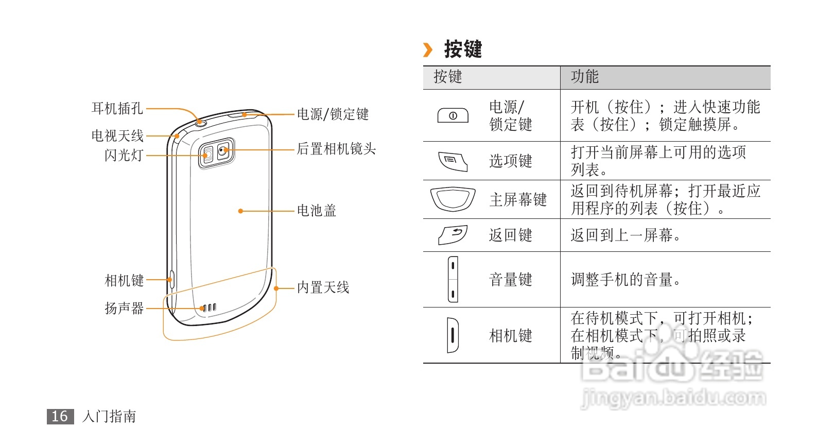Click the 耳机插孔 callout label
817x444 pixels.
117,108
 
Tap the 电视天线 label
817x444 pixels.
117,135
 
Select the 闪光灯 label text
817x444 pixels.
124,155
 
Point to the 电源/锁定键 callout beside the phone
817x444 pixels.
333,114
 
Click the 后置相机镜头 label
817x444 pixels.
336,149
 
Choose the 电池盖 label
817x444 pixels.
316,210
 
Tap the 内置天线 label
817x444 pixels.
323,287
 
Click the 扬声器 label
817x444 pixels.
124,308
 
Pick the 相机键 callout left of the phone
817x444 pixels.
124,280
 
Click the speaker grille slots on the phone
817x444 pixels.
210,308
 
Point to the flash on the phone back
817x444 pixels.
207,155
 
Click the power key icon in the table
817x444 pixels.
453,115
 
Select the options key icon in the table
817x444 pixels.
453,161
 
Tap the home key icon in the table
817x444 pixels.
453,199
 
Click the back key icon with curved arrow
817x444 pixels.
453,235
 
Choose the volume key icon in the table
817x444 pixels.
453,279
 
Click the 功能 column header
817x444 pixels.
585,77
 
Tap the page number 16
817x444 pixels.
60,416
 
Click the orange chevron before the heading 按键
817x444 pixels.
428,50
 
